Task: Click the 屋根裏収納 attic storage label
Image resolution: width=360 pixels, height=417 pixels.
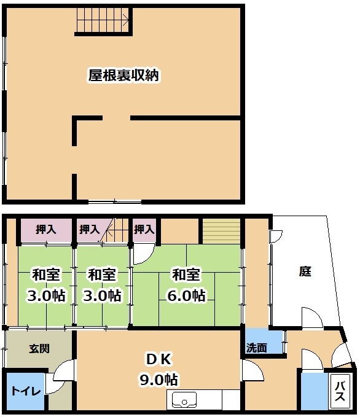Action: (x=123, y=76)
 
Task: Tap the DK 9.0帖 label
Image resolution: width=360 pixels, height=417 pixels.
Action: (x=158, y=369)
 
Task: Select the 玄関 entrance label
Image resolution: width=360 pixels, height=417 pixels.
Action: (x=39, y=349)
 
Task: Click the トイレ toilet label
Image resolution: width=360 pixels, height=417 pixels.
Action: (x=26, y=391)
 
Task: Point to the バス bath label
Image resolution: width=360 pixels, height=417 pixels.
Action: (x=340, y=391)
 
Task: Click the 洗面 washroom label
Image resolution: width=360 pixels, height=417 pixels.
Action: (x=257, y=348)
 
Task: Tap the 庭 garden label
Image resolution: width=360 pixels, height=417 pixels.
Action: (x=305, y=271)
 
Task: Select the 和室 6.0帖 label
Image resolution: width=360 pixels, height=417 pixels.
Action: (x=186, y=285)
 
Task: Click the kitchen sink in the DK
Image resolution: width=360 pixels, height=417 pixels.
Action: (x=184, y=400)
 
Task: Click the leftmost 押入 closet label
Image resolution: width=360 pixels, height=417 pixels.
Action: (x=46, y=230)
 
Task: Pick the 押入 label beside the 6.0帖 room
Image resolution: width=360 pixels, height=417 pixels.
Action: (x=144, y=229)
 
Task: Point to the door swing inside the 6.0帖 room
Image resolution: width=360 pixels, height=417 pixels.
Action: (x=143, y=254)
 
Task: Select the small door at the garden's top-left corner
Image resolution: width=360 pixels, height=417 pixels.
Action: (x=276, y=236)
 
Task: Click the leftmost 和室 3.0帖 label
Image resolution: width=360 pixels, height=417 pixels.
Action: (x=45, y=285)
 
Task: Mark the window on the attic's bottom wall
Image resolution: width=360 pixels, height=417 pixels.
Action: (x=114, y=202)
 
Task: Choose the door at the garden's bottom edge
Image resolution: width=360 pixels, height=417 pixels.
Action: (x=312, y=318)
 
